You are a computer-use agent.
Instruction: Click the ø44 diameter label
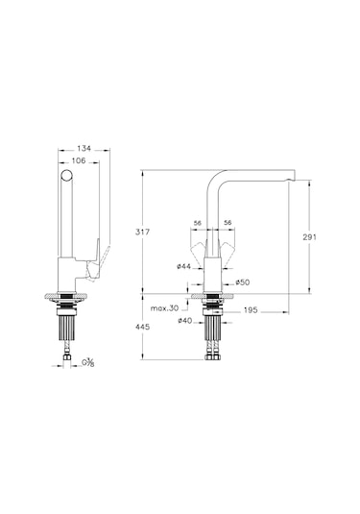[x=182, y=266]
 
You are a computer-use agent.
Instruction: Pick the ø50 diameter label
[x=243, y=281]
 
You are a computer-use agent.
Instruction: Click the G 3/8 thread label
[x=88, y=362]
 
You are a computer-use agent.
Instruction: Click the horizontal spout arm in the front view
[x=259, y=174]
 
